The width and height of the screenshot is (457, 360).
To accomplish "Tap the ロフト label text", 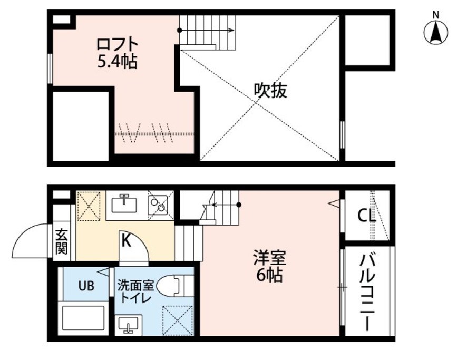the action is point(117,45).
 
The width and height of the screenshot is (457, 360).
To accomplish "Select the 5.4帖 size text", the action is point(117,62).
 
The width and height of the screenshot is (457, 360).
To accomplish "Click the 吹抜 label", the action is point(270,90).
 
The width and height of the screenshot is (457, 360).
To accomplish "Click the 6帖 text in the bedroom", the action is point(269,275).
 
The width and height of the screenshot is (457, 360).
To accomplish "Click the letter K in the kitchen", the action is point(126,241).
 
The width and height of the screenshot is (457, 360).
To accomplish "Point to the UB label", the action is point(86,286).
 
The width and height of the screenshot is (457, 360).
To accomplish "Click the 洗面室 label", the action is point(135,286).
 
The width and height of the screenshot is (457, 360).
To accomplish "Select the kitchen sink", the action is point(125,205).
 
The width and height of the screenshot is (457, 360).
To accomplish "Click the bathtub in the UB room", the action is point(83,318).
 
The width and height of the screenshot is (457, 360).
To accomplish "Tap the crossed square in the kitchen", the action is point(89,206).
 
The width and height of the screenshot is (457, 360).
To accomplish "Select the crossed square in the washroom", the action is point(178,320).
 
